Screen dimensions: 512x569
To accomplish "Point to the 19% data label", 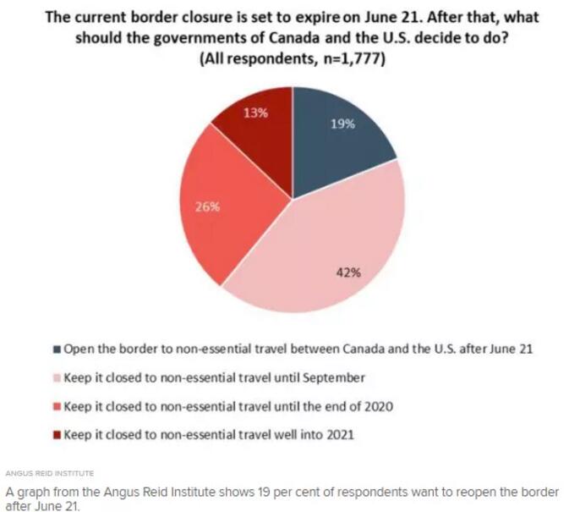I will [x=342, y=124].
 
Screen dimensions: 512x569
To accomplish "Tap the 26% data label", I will [x=209, y=206].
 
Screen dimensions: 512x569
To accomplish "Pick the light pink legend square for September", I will [x=57, y=378].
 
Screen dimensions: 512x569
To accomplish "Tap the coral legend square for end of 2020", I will [x=57, y=407].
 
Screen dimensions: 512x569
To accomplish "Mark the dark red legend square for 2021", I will [x=57, y=436].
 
